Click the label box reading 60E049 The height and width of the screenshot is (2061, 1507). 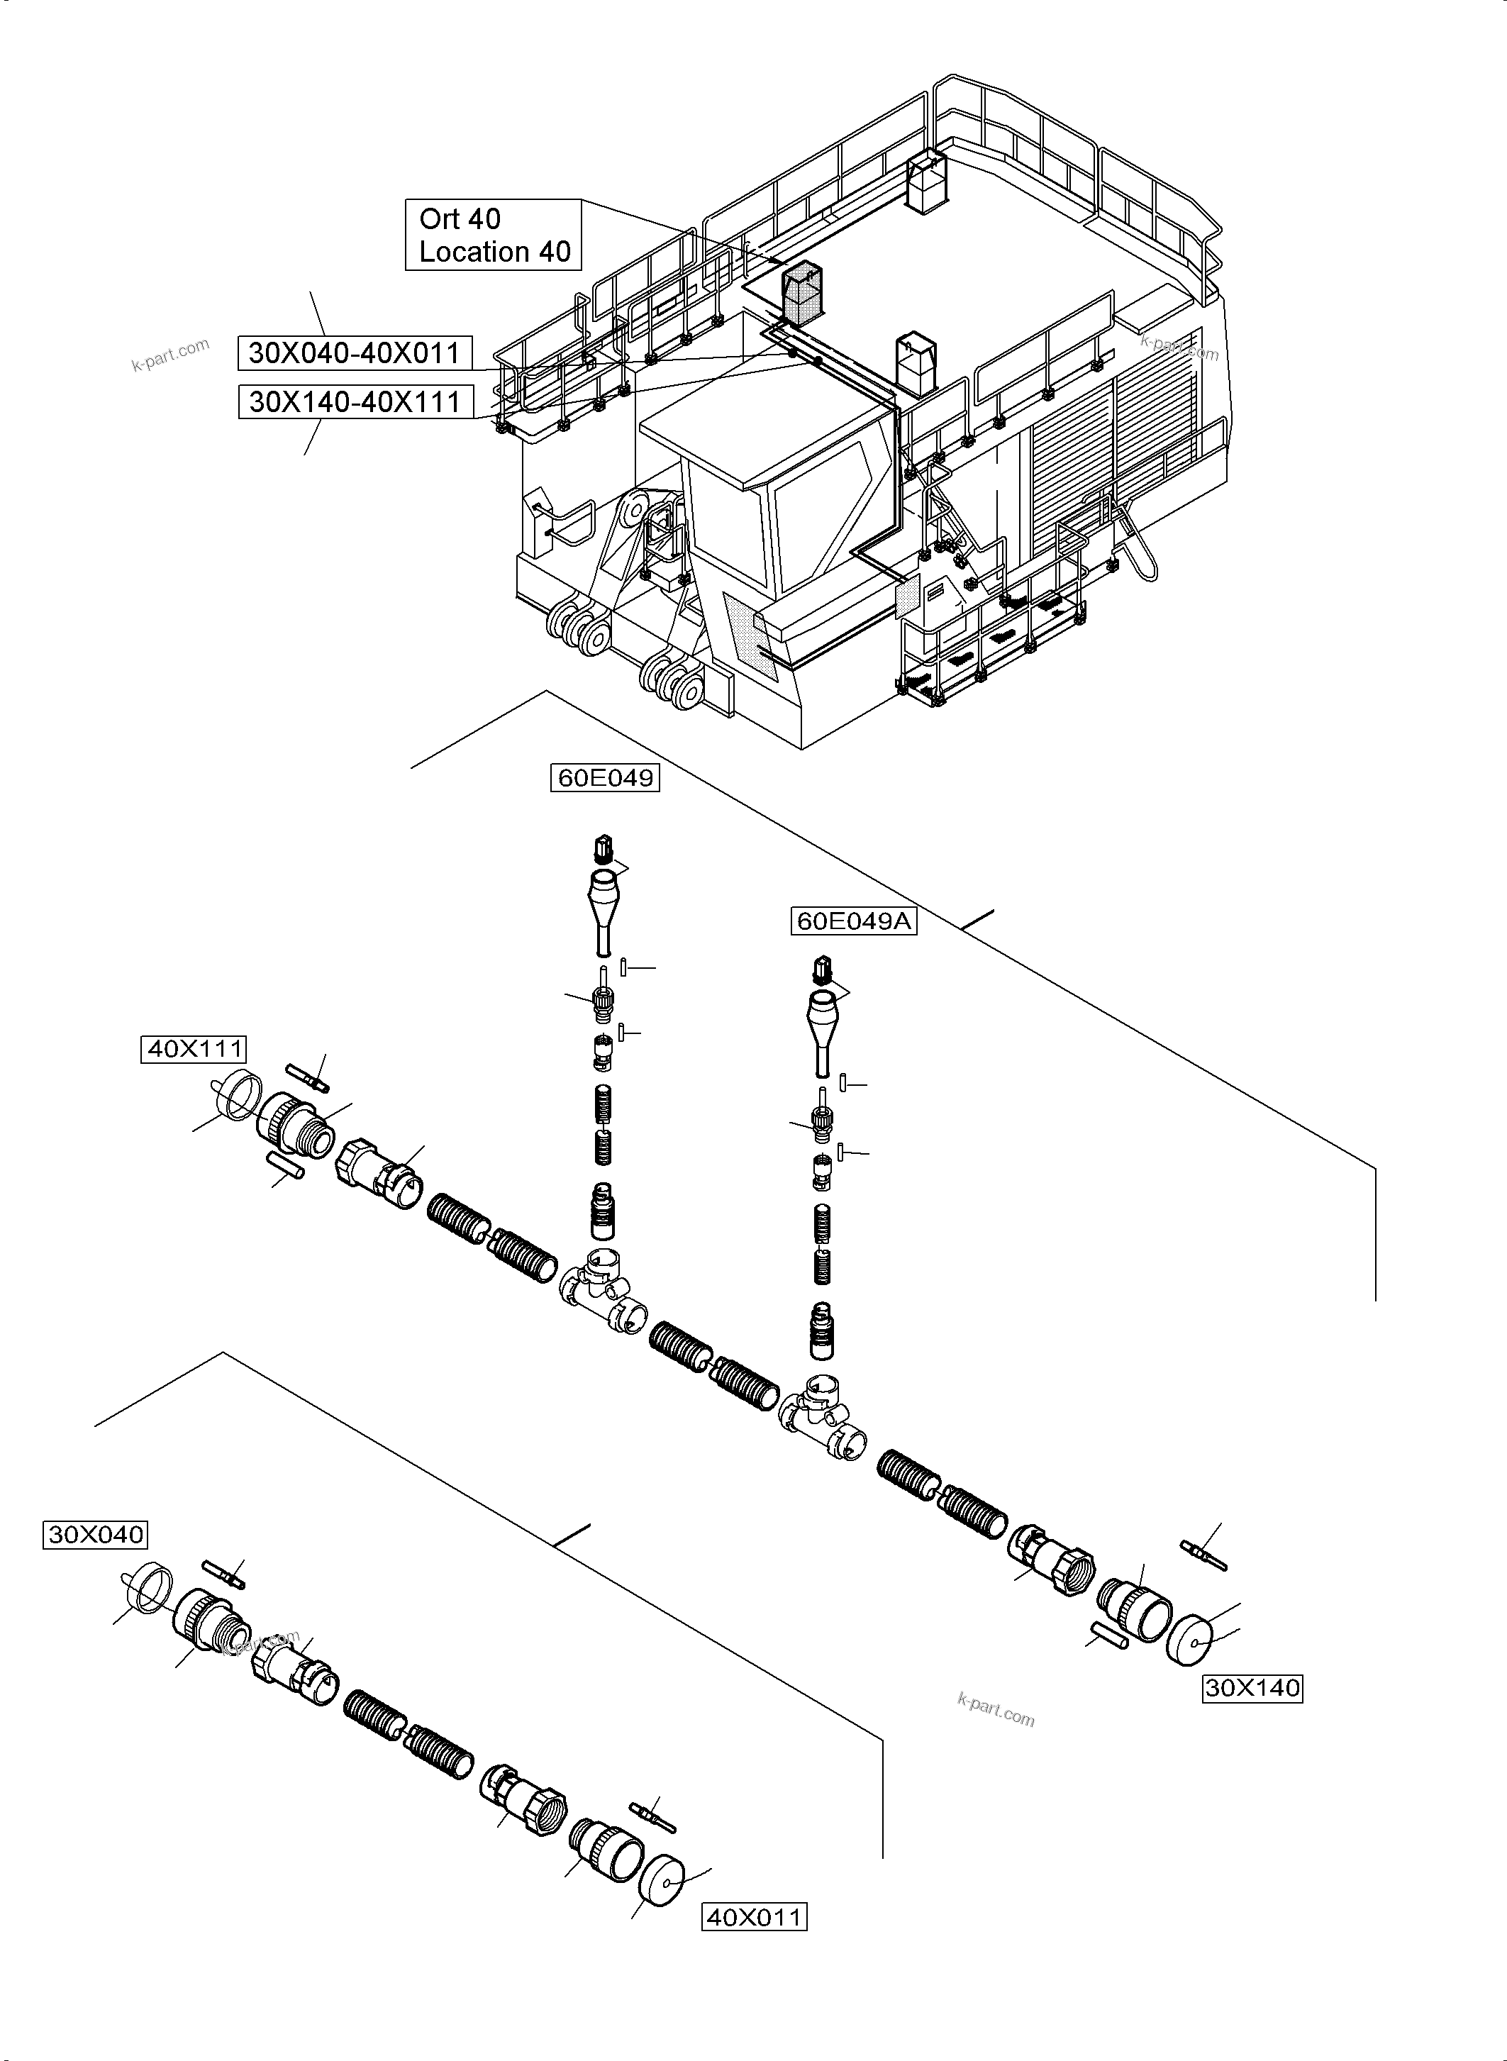605,777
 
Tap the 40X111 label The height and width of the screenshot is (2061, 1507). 194,1049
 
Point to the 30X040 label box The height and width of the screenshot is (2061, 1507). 95,1535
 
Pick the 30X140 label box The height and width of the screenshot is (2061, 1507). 1252,1688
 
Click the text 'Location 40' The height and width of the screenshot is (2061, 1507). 494,252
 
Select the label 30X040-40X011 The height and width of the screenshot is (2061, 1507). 355,353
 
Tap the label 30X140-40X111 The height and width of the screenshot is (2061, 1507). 355,401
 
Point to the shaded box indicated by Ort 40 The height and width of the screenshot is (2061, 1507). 801,294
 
